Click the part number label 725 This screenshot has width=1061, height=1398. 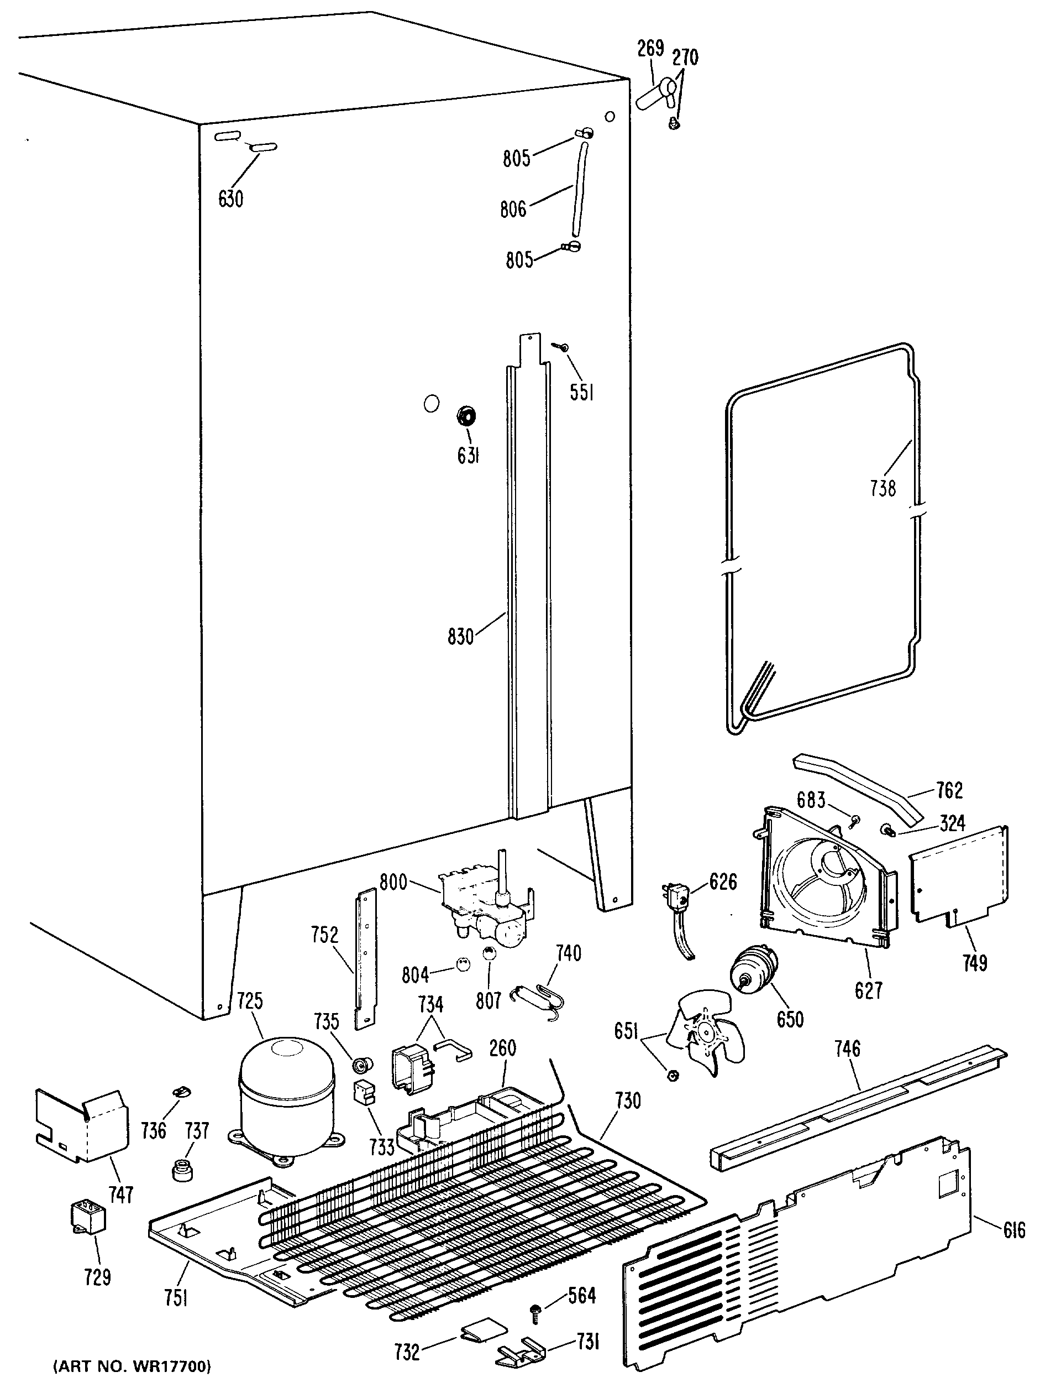[250, 1000]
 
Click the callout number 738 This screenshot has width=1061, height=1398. [883, 488]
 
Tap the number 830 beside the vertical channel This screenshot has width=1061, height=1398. [460, 637]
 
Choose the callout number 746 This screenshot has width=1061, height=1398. [847, 1049]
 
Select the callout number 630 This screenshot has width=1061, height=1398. [230, 199]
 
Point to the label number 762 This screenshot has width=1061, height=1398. [949, 790]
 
